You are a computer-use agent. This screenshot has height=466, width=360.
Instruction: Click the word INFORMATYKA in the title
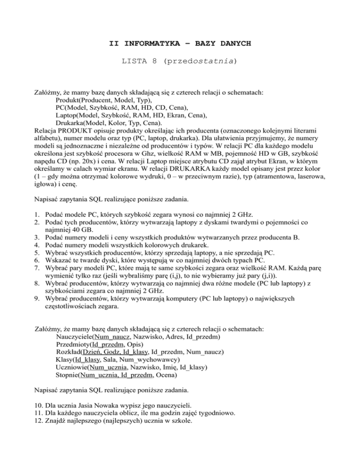(x=152, y=44)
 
